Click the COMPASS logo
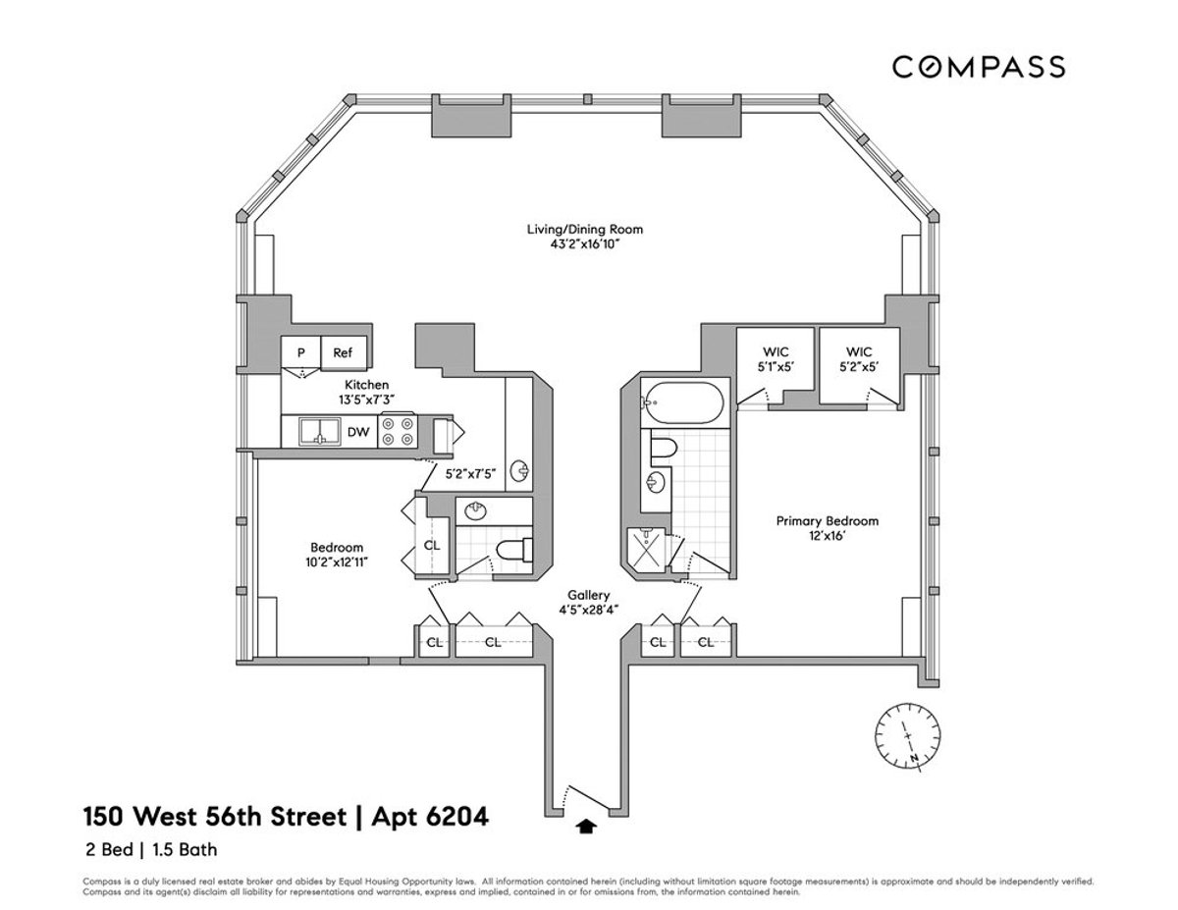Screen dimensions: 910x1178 [978, 67]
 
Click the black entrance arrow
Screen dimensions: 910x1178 [587, 827]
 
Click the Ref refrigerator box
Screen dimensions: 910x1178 [342, 352]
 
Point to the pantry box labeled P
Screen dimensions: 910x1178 [300, 352]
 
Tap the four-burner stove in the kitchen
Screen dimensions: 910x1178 [397, 432]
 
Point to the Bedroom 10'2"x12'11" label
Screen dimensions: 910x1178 [337, 555]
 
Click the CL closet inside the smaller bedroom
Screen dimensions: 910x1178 [432, 546]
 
